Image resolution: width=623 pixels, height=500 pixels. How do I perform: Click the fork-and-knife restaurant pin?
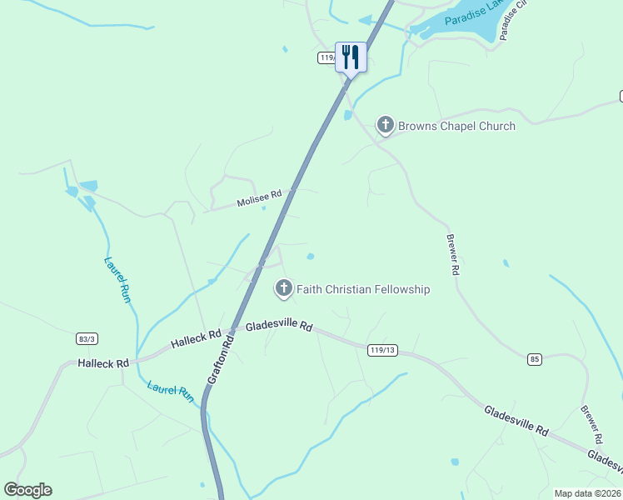tap(350, 57)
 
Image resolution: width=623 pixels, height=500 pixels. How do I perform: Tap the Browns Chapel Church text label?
tap(456, 127)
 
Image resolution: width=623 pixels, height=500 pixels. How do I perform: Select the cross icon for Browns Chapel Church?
tap(385, 126)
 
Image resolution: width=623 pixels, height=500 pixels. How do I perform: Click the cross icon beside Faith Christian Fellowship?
tap(283, 289)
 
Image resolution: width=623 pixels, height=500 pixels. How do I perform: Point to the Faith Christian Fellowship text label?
tap(363, 289)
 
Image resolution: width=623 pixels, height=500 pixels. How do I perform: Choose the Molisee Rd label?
tap(259, 198)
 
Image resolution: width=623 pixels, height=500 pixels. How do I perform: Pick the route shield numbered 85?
tap(535, 359)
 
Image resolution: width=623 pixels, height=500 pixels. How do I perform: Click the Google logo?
tap(27, 490)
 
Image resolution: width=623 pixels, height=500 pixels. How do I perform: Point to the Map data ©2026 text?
tap(587, 493)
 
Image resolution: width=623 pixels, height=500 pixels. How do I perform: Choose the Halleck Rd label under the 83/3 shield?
tap(103, 363)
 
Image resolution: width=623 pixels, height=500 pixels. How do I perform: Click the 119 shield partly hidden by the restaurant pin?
tap(326, 58)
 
